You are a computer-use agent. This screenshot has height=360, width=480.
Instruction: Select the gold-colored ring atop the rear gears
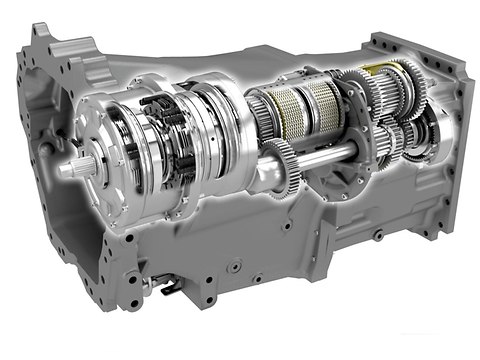point(380,68)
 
